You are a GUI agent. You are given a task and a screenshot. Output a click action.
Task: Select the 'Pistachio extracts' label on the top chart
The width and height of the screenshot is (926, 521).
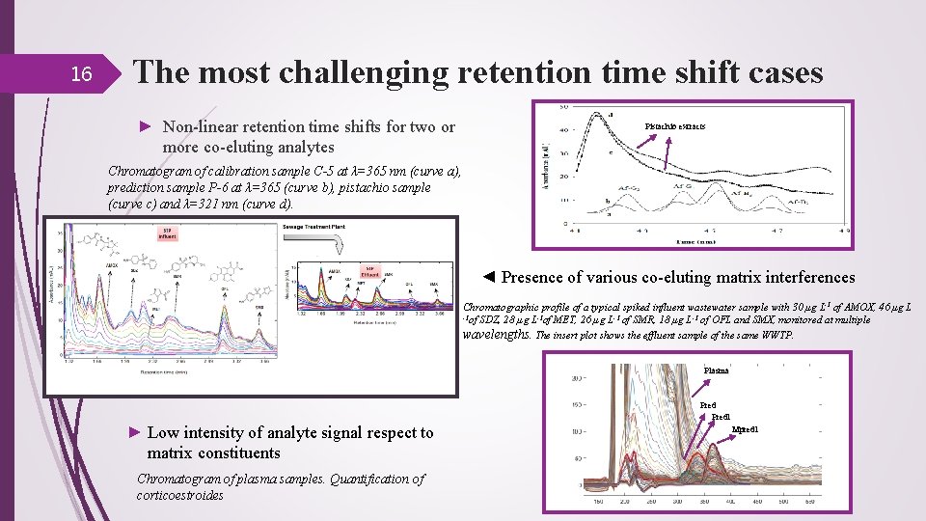click(674, 126)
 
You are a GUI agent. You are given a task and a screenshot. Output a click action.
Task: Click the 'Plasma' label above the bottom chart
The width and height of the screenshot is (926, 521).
click(716, 370)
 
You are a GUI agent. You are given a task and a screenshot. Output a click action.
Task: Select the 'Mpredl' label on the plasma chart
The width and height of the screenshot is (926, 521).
click(746, 428)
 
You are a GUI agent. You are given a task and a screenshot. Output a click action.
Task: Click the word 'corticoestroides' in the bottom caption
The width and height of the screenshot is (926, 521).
click(179, 495)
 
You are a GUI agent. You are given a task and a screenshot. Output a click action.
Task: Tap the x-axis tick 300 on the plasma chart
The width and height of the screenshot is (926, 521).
click(679, 502)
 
